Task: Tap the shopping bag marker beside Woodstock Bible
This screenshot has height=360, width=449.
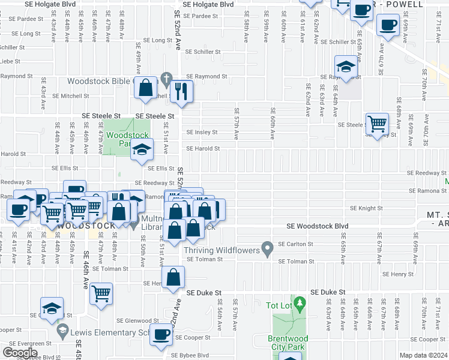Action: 146,88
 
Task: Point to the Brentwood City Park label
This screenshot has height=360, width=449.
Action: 288,343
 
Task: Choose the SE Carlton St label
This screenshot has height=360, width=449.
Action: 296,244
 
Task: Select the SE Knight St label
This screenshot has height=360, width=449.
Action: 366,208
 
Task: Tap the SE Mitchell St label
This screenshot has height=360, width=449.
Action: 71,95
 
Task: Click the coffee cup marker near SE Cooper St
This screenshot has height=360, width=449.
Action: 161,335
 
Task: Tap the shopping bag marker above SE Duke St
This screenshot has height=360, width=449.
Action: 173,278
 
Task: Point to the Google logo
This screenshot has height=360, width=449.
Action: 20,352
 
